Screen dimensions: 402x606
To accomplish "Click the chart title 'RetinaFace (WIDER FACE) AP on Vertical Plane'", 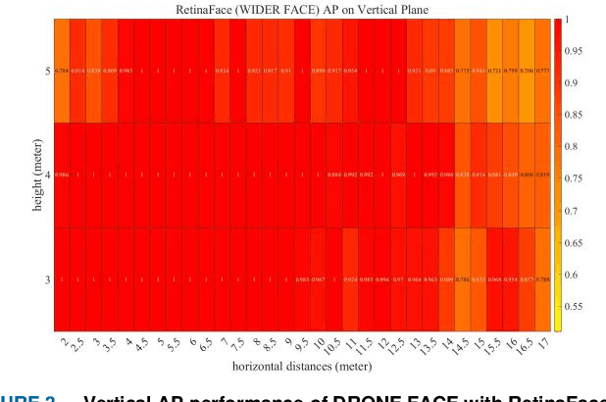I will pos(302,9).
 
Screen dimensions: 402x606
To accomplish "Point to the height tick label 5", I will pos(47,72).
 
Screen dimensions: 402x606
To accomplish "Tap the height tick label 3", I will pos(47,280).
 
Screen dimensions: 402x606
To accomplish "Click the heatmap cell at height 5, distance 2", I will pos(62,72).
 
